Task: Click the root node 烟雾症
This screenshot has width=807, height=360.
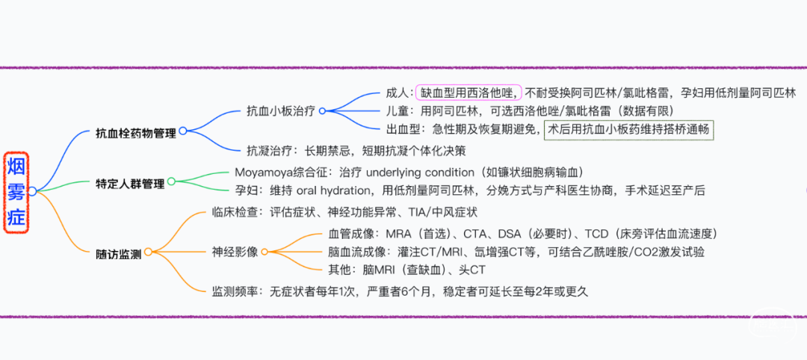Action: (x=16, y=192)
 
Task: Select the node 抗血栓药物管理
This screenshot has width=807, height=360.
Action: (x=137, y=133)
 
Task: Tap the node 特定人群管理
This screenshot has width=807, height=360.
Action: (x=131, y=183)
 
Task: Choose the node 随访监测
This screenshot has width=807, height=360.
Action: (x=119, y=253)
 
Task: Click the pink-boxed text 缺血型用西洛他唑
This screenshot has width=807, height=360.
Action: (x=469, y=93)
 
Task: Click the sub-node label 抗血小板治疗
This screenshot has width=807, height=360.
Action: (x=281, y=111)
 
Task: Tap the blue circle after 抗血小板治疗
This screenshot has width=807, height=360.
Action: (x=322, y=111)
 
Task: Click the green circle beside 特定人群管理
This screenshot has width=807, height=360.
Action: (x=171, y=181)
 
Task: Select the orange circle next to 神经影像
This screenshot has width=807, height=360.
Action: (x=264, y=252)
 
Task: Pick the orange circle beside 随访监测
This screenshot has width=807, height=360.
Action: (x=148, y=252)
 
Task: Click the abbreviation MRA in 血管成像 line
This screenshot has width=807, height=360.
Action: (x=396, y=234)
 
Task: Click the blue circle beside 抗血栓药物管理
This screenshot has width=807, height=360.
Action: (x=183, y=131)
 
